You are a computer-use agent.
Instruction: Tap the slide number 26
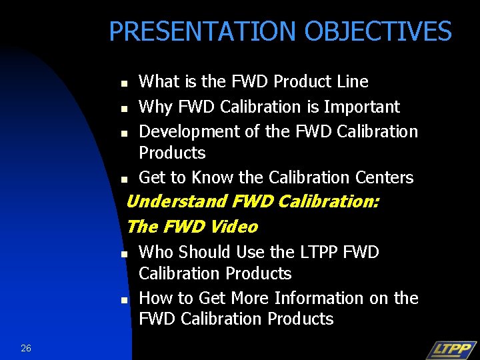click(x=26, y=348)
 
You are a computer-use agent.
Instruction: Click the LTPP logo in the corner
click(x=451, y=349)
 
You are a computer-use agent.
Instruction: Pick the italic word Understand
click(x=177, y=201)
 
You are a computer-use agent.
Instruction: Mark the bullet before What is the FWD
click(x=124, y=84)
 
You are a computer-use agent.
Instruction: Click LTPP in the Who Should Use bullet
click(x=325, y=252)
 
